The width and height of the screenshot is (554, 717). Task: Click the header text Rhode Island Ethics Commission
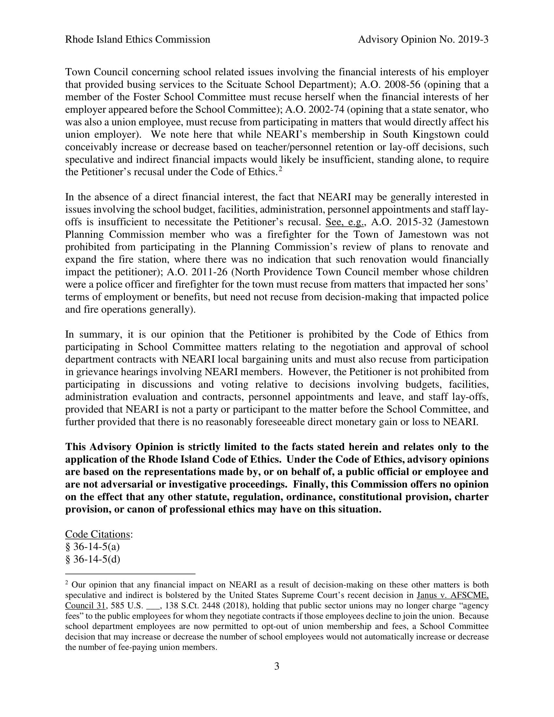138,40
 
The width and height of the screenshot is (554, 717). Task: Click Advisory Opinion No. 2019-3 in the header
423,40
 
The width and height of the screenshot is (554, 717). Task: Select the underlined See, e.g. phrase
345,222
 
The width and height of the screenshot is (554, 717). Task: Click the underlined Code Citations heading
98,534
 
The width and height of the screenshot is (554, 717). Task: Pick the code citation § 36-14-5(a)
93,547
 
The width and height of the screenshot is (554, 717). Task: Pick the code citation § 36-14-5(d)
93,559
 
